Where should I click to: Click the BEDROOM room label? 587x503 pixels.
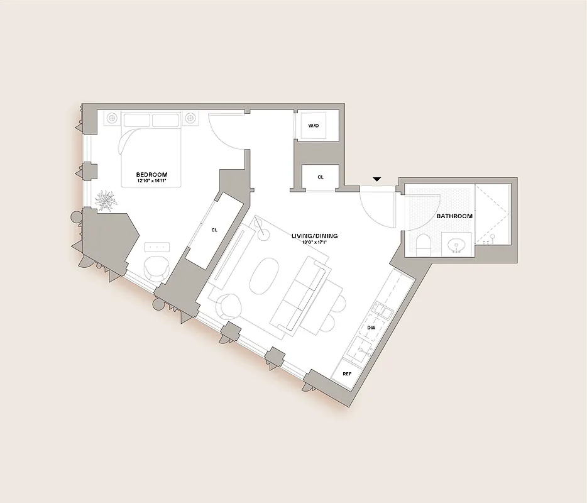coord(152,174)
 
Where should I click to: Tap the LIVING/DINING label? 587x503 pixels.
coord(314,236)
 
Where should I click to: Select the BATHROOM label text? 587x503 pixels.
coord(454,216)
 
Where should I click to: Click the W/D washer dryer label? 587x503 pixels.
coord(314,126)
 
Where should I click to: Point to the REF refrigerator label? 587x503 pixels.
coord(346,374)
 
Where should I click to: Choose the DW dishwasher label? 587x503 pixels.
coord(371,328)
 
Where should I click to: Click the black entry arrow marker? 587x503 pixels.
coord(376,179)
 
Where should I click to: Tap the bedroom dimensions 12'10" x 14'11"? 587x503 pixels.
coord(152,181)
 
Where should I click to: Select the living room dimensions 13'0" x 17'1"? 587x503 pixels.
coord(314,242)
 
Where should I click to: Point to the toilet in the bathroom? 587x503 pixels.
coord(423,244)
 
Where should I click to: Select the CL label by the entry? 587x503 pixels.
coord(321,177)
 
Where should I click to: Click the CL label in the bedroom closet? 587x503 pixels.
coord(214,230)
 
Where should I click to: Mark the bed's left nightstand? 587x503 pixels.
coord(112,118)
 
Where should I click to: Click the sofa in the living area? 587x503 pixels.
coord(300,294)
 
